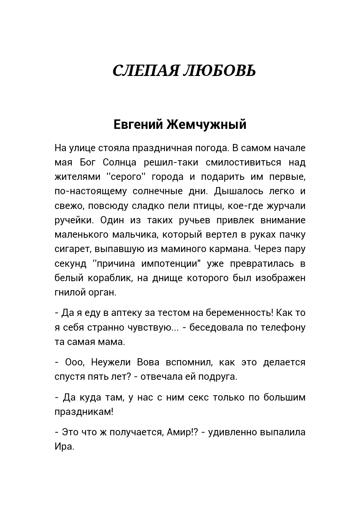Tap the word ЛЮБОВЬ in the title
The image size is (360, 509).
pyautogui.click(x=219, y=71)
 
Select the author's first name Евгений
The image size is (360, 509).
pyautogui.click(x=138, y=124)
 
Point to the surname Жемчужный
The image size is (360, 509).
pyautogui.click(x=206, y=124)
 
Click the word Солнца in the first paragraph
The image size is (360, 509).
pyautogui.click(x=119, y=162)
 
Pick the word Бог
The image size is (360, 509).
pyautogui.click(x=87, y=162)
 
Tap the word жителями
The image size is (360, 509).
pyautogui.click(x=77, y=177)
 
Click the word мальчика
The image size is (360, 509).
pyautogui.click(x=135, y=235)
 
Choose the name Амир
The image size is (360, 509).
pyautogui.click(x=180, y=432)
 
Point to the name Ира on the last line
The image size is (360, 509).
pyautogui.click(x=64, y=446)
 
